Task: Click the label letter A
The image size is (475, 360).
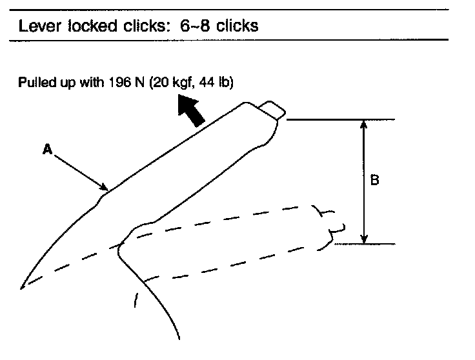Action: click(46, 150)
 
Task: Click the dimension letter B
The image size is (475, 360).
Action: click(374, 181)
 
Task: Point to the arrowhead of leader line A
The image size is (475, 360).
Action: click(106, 189)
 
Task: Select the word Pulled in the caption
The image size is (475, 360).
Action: click(35, 83)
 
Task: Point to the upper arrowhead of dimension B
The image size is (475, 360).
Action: click(365, 124)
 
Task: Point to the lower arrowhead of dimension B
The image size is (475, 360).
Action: click(365, 239)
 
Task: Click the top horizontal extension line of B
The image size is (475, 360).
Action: click(339, 120)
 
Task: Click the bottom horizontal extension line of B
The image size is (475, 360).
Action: click(365, 244)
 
